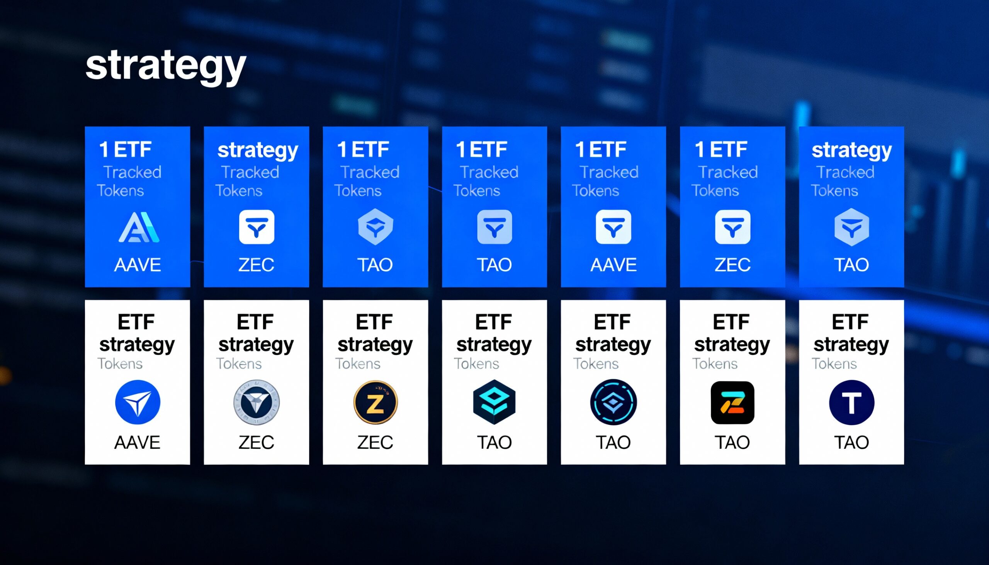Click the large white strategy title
pos(166,66)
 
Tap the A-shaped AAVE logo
pos(139,227)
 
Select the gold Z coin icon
pos(376,402)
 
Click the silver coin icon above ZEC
pos(256,402)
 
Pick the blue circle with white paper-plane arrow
pos(138,402)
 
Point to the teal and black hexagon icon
pos(494,402)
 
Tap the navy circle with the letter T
pos(851,402)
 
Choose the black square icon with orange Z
pos(732,402)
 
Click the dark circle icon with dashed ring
pos(613,402)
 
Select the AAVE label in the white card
pos(137,442)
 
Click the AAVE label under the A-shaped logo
pos(138,265)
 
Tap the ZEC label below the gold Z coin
pos(375,442)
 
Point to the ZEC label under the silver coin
pos(256,442)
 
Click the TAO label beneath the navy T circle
pos(851,442)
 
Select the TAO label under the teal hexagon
pos(494,442)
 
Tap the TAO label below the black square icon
pos(732,442)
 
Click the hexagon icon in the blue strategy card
pos(851,227)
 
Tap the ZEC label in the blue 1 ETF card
pos(732,265)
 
